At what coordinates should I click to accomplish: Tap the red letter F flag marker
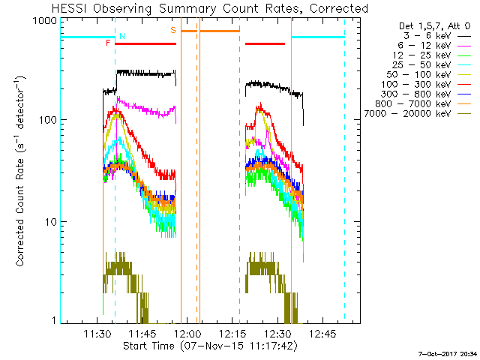(x=109, y=43)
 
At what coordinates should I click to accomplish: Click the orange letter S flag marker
(x=173, y=30)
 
